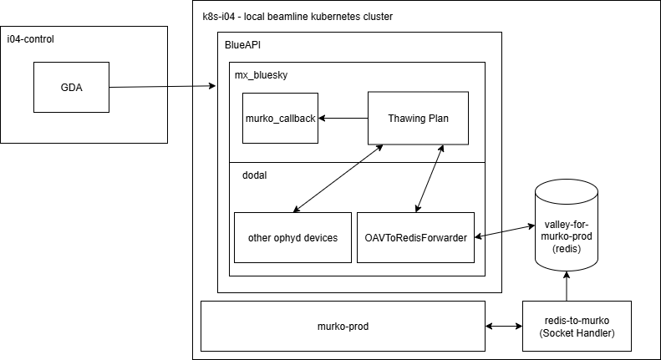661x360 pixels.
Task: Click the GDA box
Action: (70, 87)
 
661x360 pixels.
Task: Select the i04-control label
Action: (32, 40)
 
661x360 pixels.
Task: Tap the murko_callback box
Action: (280, 119)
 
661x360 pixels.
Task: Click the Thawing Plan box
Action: (418, 119)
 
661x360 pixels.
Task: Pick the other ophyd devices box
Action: (292, 237)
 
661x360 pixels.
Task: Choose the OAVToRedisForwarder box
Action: (415, 237)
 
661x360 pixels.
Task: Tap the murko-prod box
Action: (343, 326)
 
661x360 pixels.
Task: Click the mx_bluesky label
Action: (262, 74)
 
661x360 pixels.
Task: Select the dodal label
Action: (248, 175)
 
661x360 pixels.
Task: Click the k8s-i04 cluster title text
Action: (297, 17)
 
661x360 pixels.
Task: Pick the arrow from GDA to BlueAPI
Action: (163, 85)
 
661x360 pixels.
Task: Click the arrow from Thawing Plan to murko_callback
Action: (343, 119)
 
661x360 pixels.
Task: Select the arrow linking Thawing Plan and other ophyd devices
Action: (338, 178)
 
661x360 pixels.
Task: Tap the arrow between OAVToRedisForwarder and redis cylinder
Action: (505, 231)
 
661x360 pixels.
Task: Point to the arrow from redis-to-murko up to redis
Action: (567, 285)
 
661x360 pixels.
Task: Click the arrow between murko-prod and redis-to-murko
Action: (504, 327)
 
